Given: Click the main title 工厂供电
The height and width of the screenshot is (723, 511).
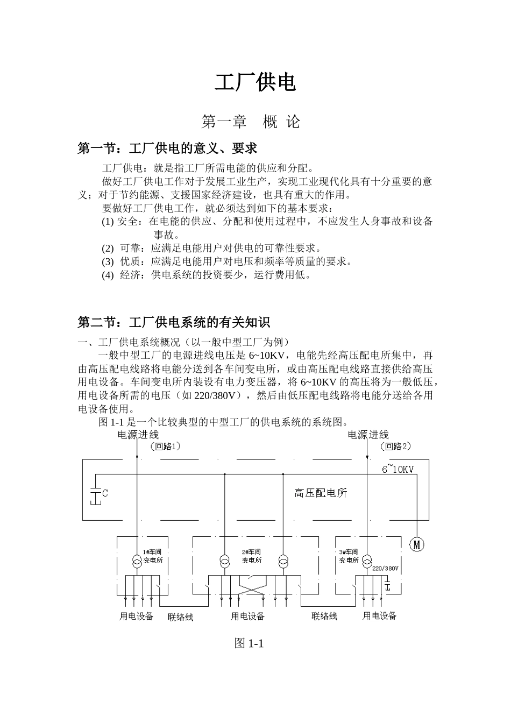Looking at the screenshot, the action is (256, 83).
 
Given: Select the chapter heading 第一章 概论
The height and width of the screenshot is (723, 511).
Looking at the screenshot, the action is (251, 122).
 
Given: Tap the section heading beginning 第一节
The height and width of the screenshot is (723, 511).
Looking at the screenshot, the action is (168, 148).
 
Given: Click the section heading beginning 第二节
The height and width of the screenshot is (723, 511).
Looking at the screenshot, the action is (174, 322).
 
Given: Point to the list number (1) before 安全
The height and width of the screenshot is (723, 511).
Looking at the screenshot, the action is (108, 222).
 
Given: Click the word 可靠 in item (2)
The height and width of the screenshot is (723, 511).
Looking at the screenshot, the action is (131, 249).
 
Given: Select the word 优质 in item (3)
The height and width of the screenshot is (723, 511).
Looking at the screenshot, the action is (131, 262).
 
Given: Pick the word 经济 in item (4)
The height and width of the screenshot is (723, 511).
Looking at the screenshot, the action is (131, 275).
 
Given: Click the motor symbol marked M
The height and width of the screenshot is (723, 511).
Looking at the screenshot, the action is (417, 544).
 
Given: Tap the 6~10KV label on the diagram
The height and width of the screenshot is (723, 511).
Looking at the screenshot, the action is (398, 469).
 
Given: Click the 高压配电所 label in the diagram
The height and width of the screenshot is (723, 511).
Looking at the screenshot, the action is (321, 493).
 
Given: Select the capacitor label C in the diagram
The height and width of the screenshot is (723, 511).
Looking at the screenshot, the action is (105, 493).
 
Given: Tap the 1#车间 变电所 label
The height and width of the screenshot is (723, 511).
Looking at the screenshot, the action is (152, 556).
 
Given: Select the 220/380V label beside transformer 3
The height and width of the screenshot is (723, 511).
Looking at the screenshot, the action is (385, 568).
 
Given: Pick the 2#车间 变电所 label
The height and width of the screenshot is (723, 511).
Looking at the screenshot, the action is (252, 556).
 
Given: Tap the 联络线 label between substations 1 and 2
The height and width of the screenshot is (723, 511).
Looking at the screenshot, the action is (181, 617).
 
